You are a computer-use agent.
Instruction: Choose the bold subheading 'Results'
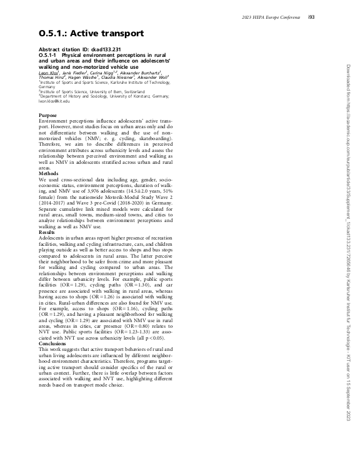(x=47, y=231)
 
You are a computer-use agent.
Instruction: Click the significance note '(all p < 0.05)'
(x=156, y=338)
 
